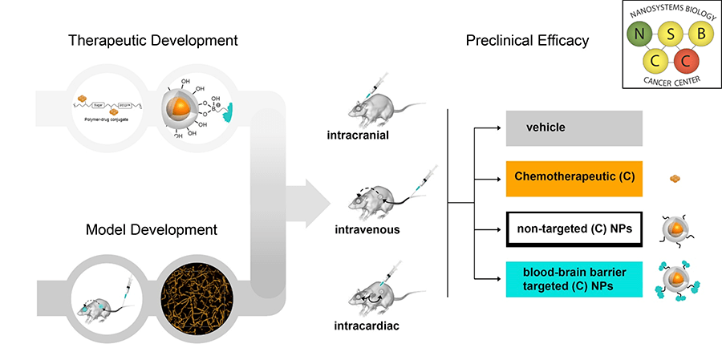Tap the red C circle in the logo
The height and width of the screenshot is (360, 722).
pos(686,61)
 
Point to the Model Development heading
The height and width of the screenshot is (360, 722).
pos(153,229)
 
